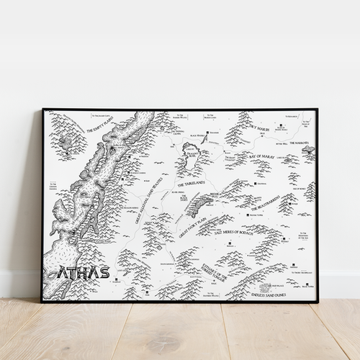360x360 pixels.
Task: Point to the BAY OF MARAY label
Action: point(264,156)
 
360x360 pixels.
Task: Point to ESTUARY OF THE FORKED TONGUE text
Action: point(217,271)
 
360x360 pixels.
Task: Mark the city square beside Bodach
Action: point(251,215)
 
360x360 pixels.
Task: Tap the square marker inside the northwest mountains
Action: point(67,152)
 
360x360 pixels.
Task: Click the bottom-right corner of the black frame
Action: point(317,301)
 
